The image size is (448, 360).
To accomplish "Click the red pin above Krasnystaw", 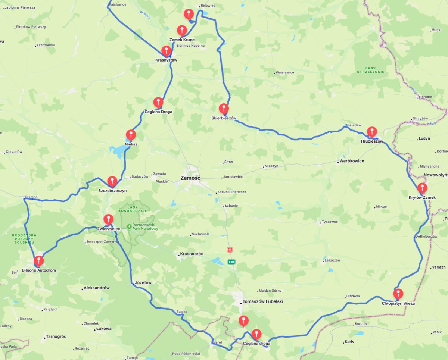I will tap(166, 51).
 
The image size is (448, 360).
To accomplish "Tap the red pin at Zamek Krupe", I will tap(182, 30).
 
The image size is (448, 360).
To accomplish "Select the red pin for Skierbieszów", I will tap(224, 109).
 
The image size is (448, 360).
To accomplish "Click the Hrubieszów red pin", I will tap(372, 132).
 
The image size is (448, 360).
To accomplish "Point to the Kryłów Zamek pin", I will tap(422, 188).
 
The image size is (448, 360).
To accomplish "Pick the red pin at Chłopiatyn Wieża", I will tap(398, 294).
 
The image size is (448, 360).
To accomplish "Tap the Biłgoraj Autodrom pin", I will tap(38, 261).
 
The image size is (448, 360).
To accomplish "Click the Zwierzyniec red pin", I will tap(108, 219).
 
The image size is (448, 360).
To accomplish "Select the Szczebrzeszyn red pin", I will tap(112, 181).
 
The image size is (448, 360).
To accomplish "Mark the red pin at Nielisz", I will tap(131, 135).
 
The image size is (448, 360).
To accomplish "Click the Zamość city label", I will tap(190, 178).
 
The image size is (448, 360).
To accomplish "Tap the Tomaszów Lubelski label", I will tap(263, 301).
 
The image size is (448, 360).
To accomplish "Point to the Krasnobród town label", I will tap(192, 254).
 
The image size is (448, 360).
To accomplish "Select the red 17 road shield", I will tap(230, 249).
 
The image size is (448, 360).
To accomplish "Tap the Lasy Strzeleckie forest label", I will tap(370, 70).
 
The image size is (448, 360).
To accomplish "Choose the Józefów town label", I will tap(143, 282).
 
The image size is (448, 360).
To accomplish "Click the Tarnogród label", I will tap(56, 336).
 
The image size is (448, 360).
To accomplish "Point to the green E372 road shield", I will tap(231, 262).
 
